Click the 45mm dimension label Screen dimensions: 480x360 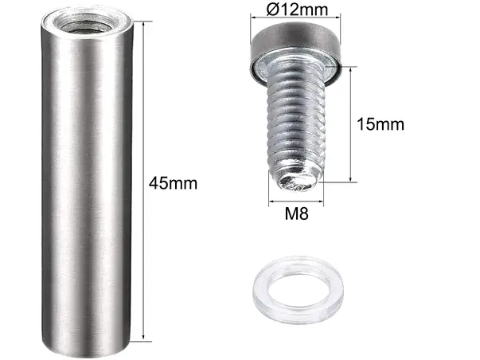[173, 183]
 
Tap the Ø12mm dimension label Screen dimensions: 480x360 [297, 10]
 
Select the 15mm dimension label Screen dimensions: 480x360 [380, 124]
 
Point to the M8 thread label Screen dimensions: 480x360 [296, 213]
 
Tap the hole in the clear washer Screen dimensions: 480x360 [299, 289]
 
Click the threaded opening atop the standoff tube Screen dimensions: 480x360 [87, 23]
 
